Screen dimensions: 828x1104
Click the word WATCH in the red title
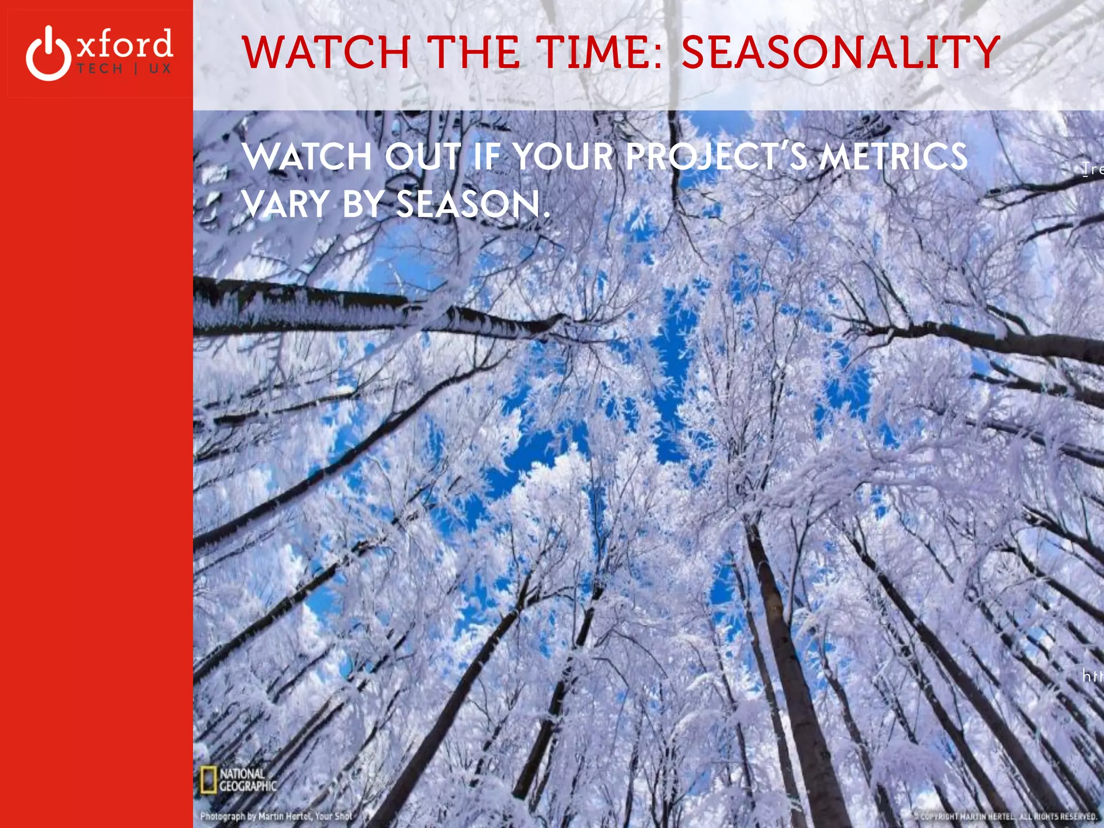(x=326, y=52)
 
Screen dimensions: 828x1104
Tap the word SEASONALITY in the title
(x=841, y=52)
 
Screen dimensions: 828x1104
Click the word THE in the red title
(x=477, y=52)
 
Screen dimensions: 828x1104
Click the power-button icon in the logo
(x=49, y=54)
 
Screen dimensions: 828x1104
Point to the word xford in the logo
(x=125, y=44)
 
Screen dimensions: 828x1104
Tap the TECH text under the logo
(x=100, y=69)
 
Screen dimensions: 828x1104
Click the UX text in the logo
(x=160, y=69)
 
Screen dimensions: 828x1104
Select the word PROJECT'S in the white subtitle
(x=716, y=157)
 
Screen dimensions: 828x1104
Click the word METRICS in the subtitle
(x=893, y=157)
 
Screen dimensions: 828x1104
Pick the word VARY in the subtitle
(x=286, y=204)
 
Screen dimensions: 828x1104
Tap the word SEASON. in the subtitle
(x=473, y=204)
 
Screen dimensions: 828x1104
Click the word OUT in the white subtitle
(x=424, y=157)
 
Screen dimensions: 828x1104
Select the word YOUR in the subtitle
(x=563, y=157)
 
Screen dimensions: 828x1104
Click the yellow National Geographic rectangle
(x=208, y=780)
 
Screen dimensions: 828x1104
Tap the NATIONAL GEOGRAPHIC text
(x=247, y=780)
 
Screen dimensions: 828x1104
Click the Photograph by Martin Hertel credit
(x=276, y=816)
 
